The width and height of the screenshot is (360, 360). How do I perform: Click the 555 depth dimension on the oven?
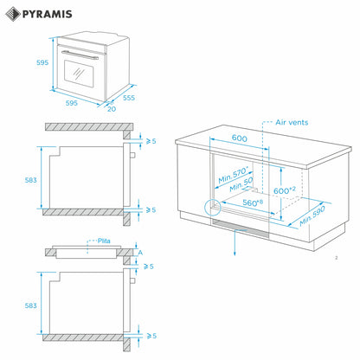pos(128,98)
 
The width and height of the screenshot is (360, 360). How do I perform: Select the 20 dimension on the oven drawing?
pos(112,108)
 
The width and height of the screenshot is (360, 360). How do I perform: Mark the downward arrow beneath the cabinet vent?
pos(234,246)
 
